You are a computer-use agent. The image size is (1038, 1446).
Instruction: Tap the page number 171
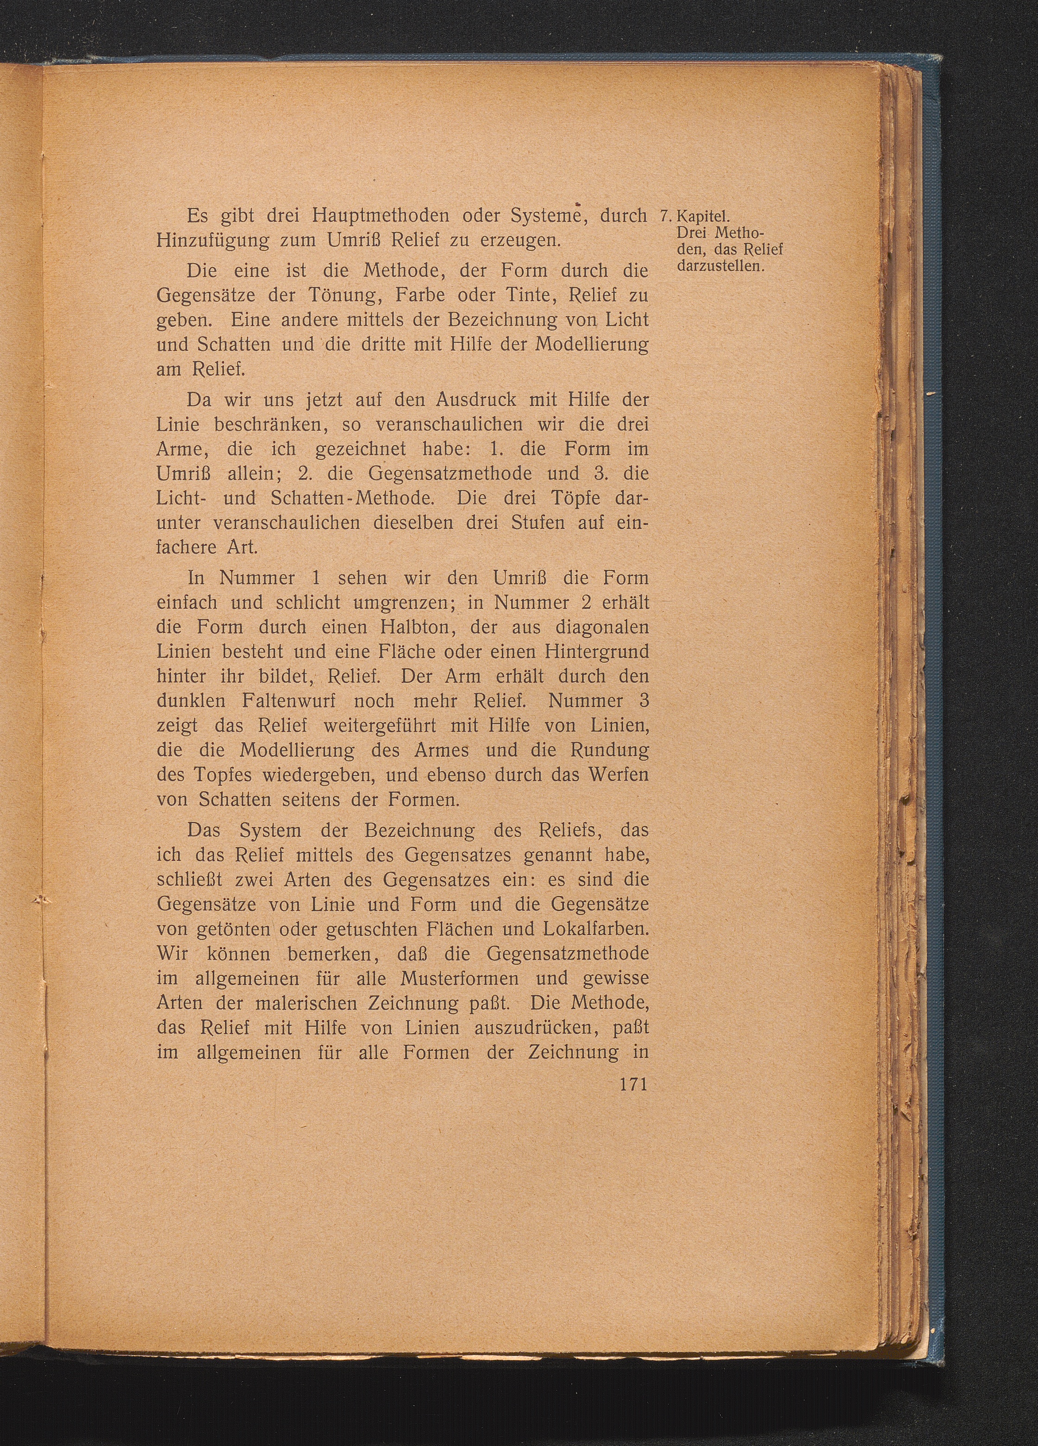tap(633, 1085)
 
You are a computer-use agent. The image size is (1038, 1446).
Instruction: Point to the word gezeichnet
tap(361, 449)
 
